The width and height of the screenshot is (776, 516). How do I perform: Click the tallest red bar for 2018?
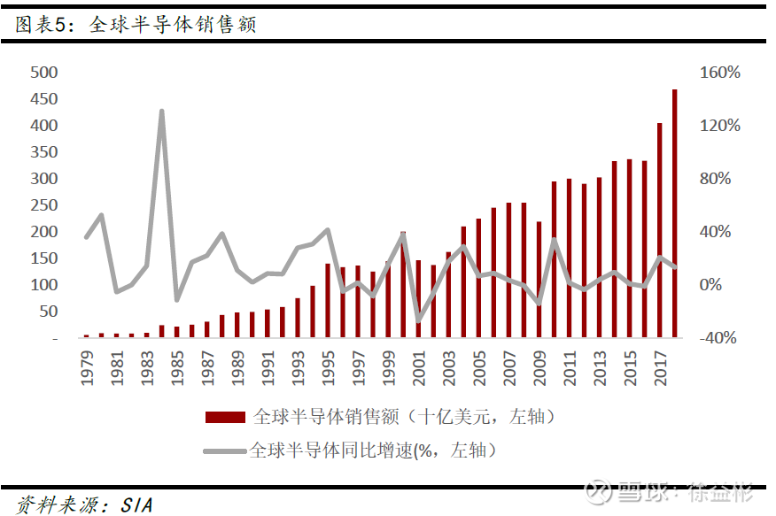pyautogui.click(x=674, y=213)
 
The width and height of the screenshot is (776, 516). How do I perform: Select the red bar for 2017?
pyautogui.click(x=660, y=230)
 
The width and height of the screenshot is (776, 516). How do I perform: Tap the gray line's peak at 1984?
pyautogui.click(x=162, y=112)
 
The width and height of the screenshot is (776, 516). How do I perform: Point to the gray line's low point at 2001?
pyautogui.click(x=419, y=320)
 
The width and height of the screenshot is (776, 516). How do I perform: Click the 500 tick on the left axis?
pyautogui.click(x=44, y=73)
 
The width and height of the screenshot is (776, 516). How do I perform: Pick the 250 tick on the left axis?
pyautogui.click(x=44, y=205)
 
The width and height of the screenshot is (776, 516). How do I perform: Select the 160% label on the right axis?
pyautogui.click(x=720, y=73)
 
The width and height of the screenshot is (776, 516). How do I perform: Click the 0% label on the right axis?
pyautogui.click(x=710, y=285)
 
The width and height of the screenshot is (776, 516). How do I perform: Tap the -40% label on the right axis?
pyautogui.click(x=718, y=338)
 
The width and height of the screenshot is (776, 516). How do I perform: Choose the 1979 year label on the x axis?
pyautogui.click(x=87, y=368)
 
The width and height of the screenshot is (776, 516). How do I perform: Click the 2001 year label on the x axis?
pyautogui.click(x=419, y=368)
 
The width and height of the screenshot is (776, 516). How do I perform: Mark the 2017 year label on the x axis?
pyautogui.click(x=661, y=368)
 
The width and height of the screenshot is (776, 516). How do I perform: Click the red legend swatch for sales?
pyautogui.click(x=225, y=418)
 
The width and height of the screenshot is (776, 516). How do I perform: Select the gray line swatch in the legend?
pyautogui.click(x=225, y=451)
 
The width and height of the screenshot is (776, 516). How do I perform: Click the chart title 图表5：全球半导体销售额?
pyautogui.click(x=136, y=24)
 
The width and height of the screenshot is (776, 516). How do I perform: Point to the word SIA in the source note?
pyautogui.click(x=136, y=505)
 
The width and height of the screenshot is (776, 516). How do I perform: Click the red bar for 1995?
pyautogui.click(x=328, y=301)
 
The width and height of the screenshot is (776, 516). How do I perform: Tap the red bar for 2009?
pyautogui.click(x=539, y=280)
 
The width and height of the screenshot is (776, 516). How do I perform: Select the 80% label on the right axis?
pyautogui.click(x=715, y=179)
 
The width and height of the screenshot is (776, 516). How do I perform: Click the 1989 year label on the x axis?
pyautogui.click(x=238, y=368)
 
